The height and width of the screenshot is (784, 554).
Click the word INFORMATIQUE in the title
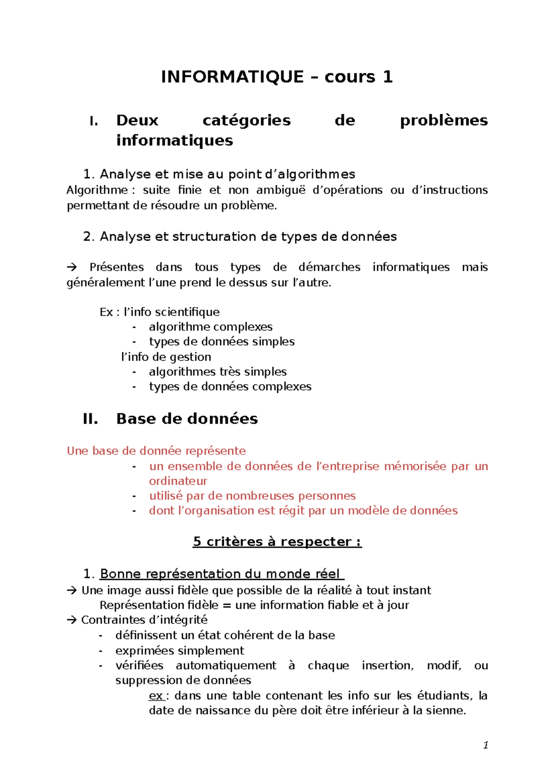[x=232, y=77]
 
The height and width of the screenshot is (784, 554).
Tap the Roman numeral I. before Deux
[x=94, y=122]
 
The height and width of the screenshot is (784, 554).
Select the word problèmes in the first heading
[x=443, y=121]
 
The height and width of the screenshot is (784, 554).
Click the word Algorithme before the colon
[x=97, y=190]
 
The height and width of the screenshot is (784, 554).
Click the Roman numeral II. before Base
[x=90, y=419]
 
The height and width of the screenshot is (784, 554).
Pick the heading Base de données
[x=187, y=419]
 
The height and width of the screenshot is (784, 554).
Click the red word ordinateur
[x=178, y=481]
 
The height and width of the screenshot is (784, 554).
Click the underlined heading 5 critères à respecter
[x=277, y=542]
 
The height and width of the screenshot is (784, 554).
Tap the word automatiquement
[x=226, y=666]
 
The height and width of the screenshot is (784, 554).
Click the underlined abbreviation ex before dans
[x=156, y=696]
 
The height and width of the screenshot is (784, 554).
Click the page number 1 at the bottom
[x=485, y=745]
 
